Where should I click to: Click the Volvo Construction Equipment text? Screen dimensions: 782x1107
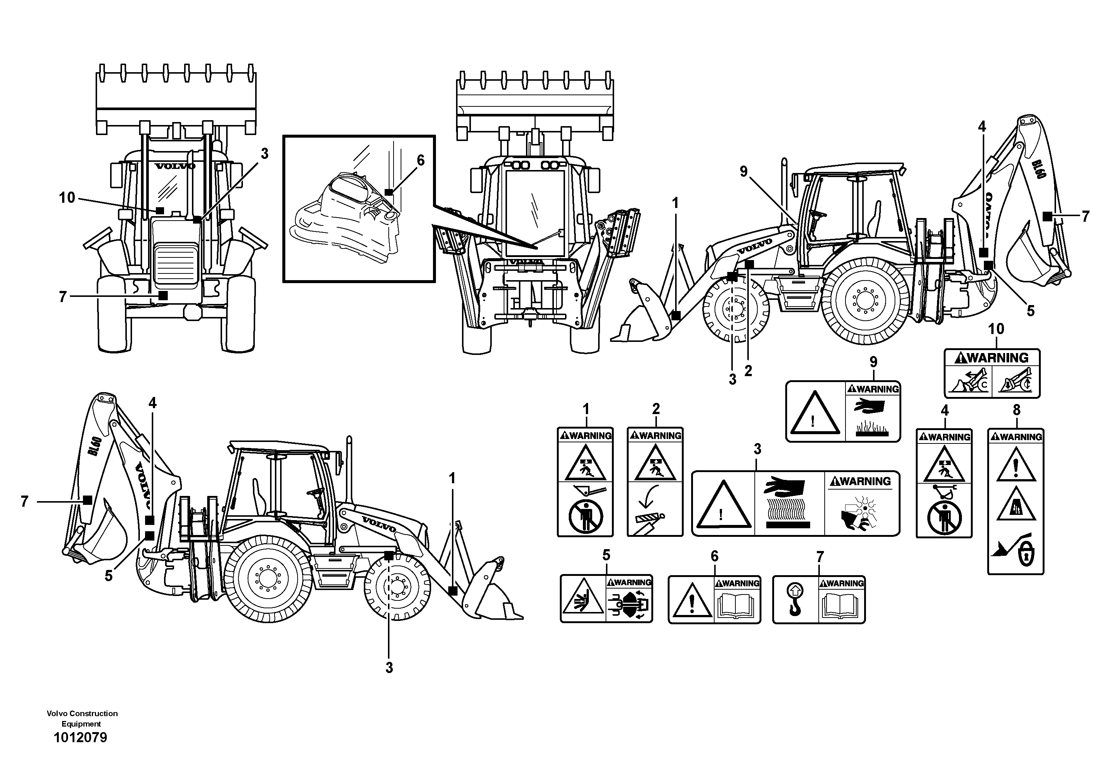tap(82, 718)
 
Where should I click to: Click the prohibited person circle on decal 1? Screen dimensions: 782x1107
tap(585, 518)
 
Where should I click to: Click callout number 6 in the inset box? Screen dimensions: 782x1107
tap(420, 161)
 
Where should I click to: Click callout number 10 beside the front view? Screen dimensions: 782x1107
tap(67, 198)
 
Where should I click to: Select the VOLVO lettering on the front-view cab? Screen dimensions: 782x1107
tap(175, 166)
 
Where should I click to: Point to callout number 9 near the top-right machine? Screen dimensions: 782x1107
tap(744, 172)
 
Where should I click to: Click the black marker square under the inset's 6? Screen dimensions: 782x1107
tap(389, 192)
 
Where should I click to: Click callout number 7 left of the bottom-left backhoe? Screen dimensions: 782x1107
tap(25, 502)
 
